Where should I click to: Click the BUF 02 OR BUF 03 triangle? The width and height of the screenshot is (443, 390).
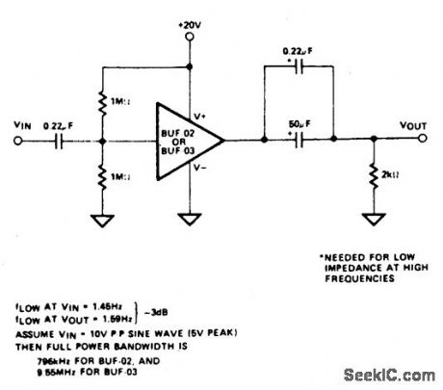click(183, 141)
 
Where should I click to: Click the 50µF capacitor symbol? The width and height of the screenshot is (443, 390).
click(298, 141)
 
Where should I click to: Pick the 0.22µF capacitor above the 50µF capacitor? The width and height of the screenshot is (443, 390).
click(298, 69)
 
